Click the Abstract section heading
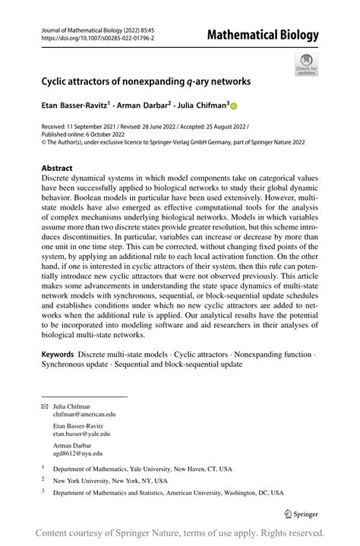[x=57, y=169]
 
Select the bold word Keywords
[x=58, y=354]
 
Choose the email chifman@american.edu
[x=84, y=415]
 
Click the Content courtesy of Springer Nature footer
[x=180, y=532]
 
